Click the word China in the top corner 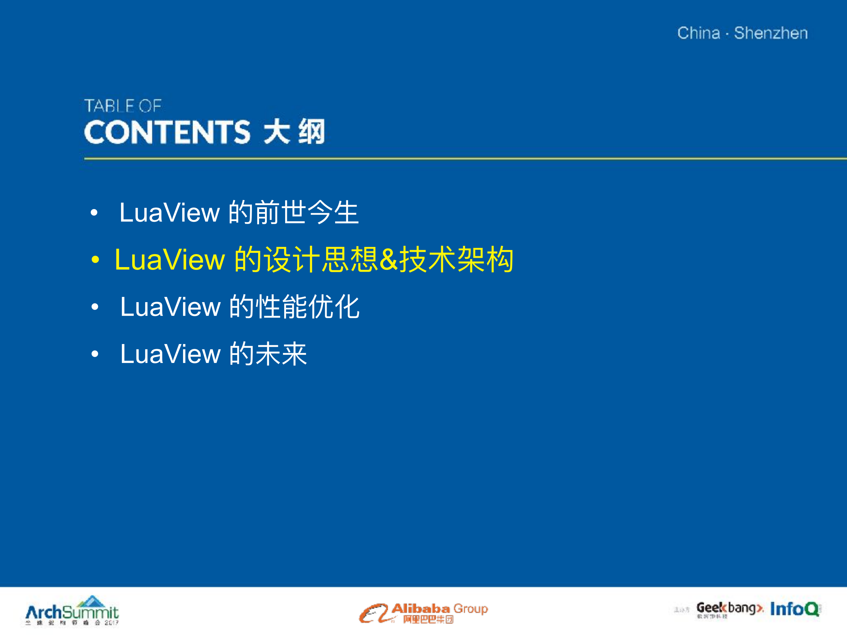tap(698, 33)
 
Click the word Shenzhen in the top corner tap(770, 33)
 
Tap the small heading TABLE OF tap(123, 106)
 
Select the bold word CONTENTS tap(167, 132)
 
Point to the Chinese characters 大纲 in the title tap(294, 132)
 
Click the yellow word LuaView tap(170, 260)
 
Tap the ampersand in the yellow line tap(389, 260)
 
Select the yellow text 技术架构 tap(456, 260)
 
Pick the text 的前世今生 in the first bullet tap(293, 212)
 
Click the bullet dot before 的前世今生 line tap(94, 213)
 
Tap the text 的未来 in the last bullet tap(268, 354)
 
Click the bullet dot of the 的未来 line tap(95, 354)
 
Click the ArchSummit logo tap(72, 612)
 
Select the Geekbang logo tap(729, 608)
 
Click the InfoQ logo tap(795, 609)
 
